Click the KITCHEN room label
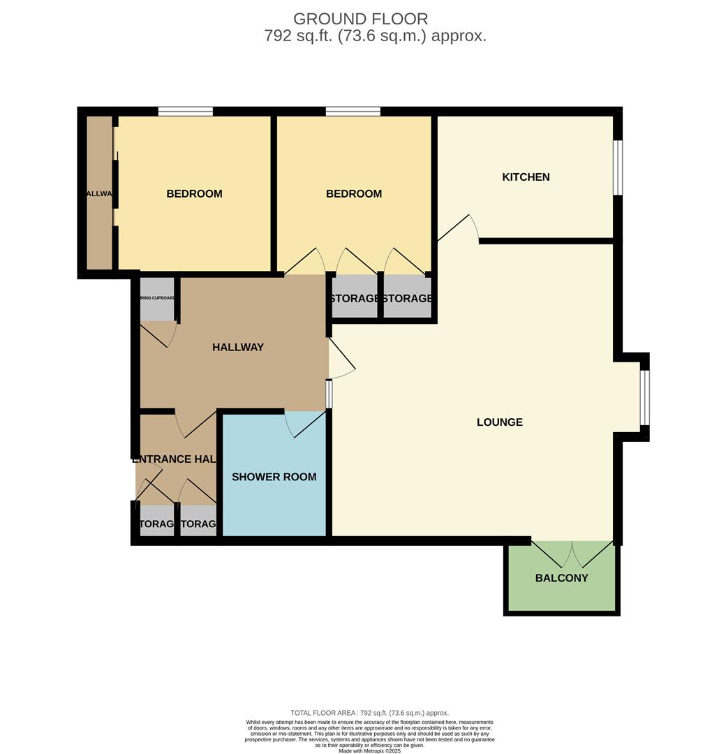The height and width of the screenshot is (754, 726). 526,177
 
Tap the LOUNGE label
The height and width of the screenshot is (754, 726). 499,422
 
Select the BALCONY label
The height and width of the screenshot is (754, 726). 561,578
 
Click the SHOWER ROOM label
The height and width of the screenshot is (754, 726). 274,477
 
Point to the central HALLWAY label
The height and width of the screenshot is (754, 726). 238,347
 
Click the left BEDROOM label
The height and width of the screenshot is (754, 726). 194,194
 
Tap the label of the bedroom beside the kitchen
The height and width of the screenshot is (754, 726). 354,194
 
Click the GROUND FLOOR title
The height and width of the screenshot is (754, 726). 360,19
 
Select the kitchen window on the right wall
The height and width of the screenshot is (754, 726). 618,168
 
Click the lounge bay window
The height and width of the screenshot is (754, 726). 645,397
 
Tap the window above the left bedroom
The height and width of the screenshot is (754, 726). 185,111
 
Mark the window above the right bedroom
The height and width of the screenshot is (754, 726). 353,111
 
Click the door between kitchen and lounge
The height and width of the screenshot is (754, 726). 457,229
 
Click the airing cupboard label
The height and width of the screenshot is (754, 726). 157,298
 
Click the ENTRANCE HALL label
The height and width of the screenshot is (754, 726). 175,459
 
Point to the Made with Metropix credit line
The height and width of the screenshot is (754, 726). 369,751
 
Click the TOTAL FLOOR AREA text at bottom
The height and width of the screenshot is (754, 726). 369,713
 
